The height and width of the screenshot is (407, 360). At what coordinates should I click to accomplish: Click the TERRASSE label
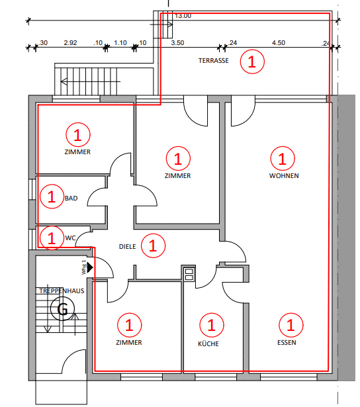pyautogui.click(x=214, y=60)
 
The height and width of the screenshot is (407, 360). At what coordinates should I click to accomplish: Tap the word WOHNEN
pyautogui.click(x=284, y=176)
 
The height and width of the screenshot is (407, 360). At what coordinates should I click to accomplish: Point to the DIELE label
pyautogui.click(x=127, y=246)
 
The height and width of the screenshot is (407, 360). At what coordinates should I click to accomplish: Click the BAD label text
pyautogui.click(x=71, y=198)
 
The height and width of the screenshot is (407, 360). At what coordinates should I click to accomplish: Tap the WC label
pyautogui.click(x=69, y=237)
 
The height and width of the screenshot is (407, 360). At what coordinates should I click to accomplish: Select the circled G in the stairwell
pyautogui.click(x=64, y=309)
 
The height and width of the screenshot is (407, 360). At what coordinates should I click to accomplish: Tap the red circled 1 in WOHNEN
pyautogui.click(x=283, y=158)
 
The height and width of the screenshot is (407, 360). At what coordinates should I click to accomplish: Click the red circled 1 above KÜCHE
pyautogui.click(x=211, y=324)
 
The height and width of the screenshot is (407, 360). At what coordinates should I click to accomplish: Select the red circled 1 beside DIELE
pyautogui.click(x=153, y=246)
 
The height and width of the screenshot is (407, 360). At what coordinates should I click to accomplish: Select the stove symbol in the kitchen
pyautogui.click(x=188, y=273)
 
